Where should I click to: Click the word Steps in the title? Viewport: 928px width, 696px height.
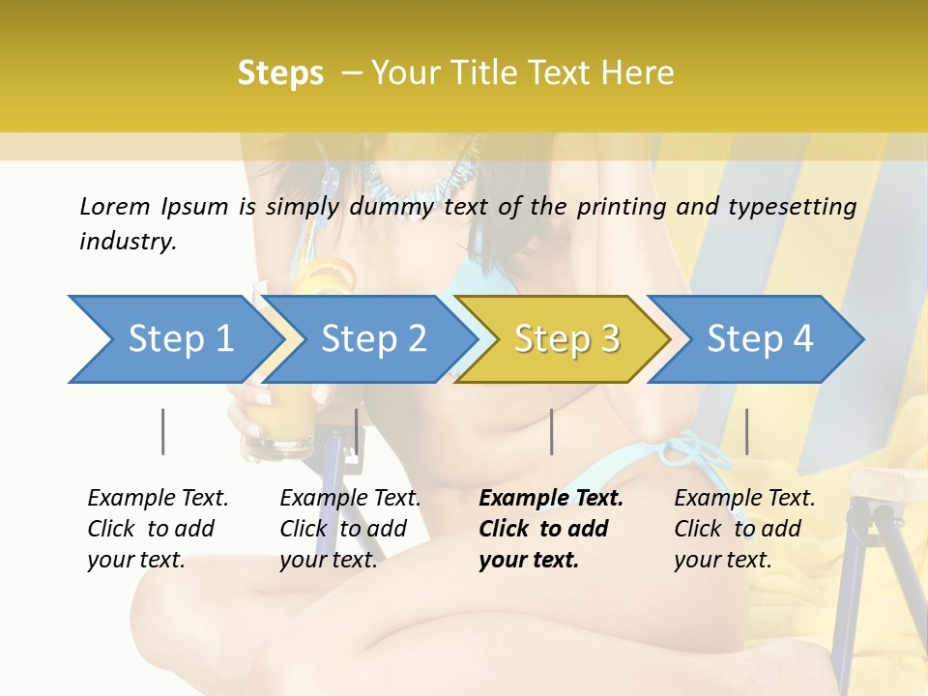pos(280,73)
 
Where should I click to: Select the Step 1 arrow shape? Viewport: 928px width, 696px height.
pos(174,339)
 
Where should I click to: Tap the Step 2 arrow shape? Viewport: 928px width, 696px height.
pos(372,339)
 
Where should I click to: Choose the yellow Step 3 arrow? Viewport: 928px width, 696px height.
pos(565,339)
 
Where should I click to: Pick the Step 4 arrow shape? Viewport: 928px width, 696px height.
pos(759,339)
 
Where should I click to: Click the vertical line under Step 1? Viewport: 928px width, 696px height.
pos(162,431)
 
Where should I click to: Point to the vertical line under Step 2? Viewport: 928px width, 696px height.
pos(357,431)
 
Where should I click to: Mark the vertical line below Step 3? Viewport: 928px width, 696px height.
pos(551,431)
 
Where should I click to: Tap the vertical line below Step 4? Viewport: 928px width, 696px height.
pos(746,431)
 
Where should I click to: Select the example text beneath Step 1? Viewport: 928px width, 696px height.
pos(158,529)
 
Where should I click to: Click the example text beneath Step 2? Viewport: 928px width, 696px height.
pos(350,529)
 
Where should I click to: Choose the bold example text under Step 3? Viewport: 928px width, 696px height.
pos(551,529)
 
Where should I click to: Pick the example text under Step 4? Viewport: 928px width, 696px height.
pos(744,529)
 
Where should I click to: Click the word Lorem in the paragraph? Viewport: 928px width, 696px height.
pos(115,206)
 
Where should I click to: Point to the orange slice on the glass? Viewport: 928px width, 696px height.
pos(324,280)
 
